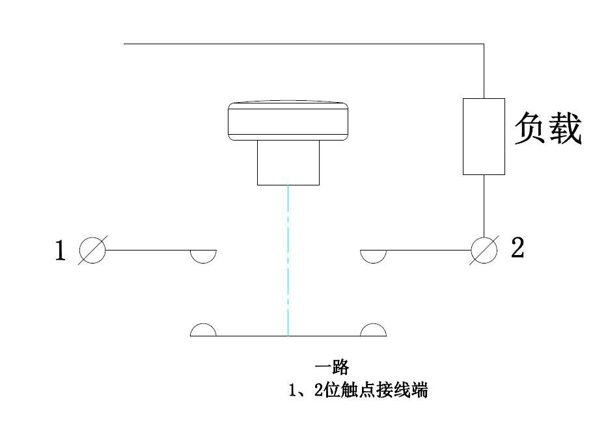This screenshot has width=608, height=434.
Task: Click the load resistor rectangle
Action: tap(484, 137)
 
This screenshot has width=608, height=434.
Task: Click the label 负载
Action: tap(547, 128)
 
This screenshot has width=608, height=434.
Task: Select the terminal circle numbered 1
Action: tap(92, 250)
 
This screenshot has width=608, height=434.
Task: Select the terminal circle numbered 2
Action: tap(484, 250)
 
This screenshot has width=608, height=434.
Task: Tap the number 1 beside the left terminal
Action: tap(60, 251)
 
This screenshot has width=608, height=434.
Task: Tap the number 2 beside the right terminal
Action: tap(517, 248)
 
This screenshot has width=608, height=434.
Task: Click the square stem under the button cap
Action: tap(288, 163)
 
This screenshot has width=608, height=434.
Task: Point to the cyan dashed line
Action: tap(288, 260)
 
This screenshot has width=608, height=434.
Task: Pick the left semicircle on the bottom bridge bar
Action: tap(203, 331)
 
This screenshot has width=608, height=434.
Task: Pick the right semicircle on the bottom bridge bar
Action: tap(373, 331)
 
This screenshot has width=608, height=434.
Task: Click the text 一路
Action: tap(331, 368)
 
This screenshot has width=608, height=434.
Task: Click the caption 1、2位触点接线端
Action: tap(358, 390)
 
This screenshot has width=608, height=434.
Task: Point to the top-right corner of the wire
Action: tap(484, 44)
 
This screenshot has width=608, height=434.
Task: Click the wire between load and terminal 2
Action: tap(484, 205)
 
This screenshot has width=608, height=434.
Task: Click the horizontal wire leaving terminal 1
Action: tap(150, 250)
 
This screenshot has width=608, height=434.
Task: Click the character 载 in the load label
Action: tap(564, 128)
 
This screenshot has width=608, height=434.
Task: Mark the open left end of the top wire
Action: tap(124, 44)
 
